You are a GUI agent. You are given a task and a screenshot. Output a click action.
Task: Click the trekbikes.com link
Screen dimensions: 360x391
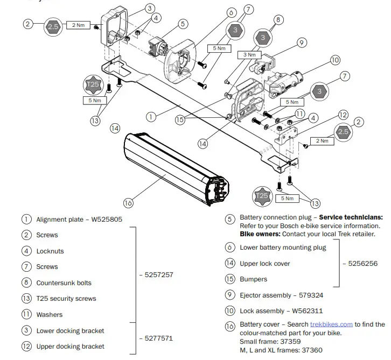pyautogui.click(x=331, y=324)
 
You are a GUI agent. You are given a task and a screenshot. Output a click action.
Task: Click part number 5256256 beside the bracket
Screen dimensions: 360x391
pyautogui.click(x=364, y=264)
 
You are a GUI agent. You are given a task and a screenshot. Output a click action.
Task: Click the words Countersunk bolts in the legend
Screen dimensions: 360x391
pyautogui.click(x=64, y=283)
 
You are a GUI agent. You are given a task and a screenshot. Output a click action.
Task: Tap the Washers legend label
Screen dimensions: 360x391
pyautogui.click(x=50, y=315)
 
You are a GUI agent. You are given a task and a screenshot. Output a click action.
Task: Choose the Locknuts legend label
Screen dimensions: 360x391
pyautogui.click(x=50, y=251)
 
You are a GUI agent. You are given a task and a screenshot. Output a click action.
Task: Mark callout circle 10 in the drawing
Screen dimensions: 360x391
pyautogui.click(x=335, y=60)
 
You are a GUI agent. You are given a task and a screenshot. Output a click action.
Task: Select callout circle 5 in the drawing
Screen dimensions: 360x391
pyautogui.click(x=183, y=24)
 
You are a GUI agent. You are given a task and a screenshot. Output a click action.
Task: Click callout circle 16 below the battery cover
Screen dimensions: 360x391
pyautogui.click(x=128, y=203)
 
